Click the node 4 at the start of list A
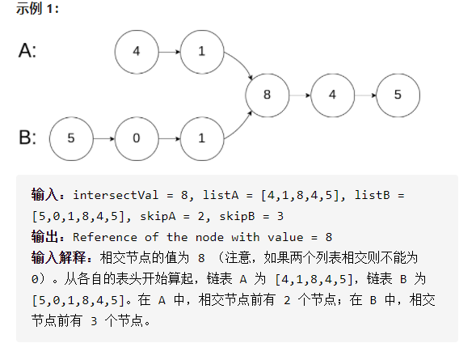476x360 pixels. [136, 51]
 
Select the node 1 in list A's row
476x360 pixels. [201, 51]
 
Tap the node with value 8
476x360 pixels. [267, 94]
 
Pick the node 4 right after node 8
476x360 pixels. [332, 94]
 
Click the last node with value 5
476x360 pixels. [397, 94]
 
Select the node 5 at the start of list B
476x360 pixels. [71, 138]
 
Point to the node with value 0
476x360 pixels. [136, 138]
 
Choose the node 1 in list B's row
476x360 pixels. [201, 138]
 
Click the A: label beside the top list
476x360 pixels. [27, 51]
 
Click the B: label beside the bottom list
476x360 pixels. [27, 137]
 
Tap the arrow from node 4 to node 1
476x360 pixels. [168, 51]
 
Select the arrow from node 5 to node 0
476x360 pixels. [103, 138]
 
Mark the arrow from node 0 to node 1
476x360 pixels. [168, 138]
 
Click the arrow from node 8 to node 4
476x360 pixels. [299, 94]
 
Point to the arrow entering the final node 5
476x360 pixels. [364, 94]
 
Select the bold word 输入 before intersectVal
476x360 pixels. [45, 195]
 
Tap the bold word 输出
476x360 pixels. [45, 237]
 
